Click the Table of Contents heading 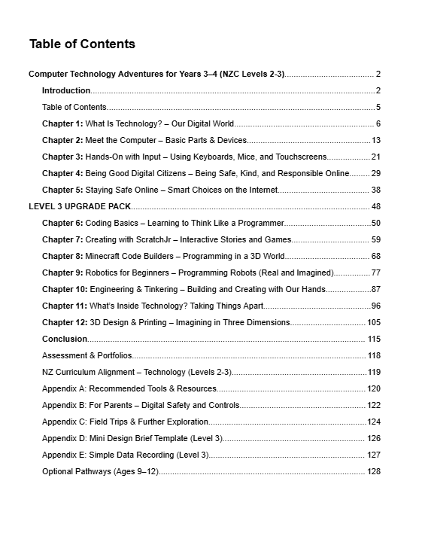pos(82,44)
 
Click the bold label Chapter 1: pos(62,123)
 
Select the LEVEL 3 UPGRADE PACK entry pos(79,206)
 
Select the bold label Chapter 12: pos(65,322)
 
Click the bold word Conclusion pos(65,339)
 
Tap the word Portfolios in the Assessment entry pos(113,355)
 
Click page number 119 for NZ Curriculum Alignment pos(374,372)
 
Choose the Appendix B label pos(64,405)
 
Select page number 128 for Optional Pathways pos(374,471)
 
